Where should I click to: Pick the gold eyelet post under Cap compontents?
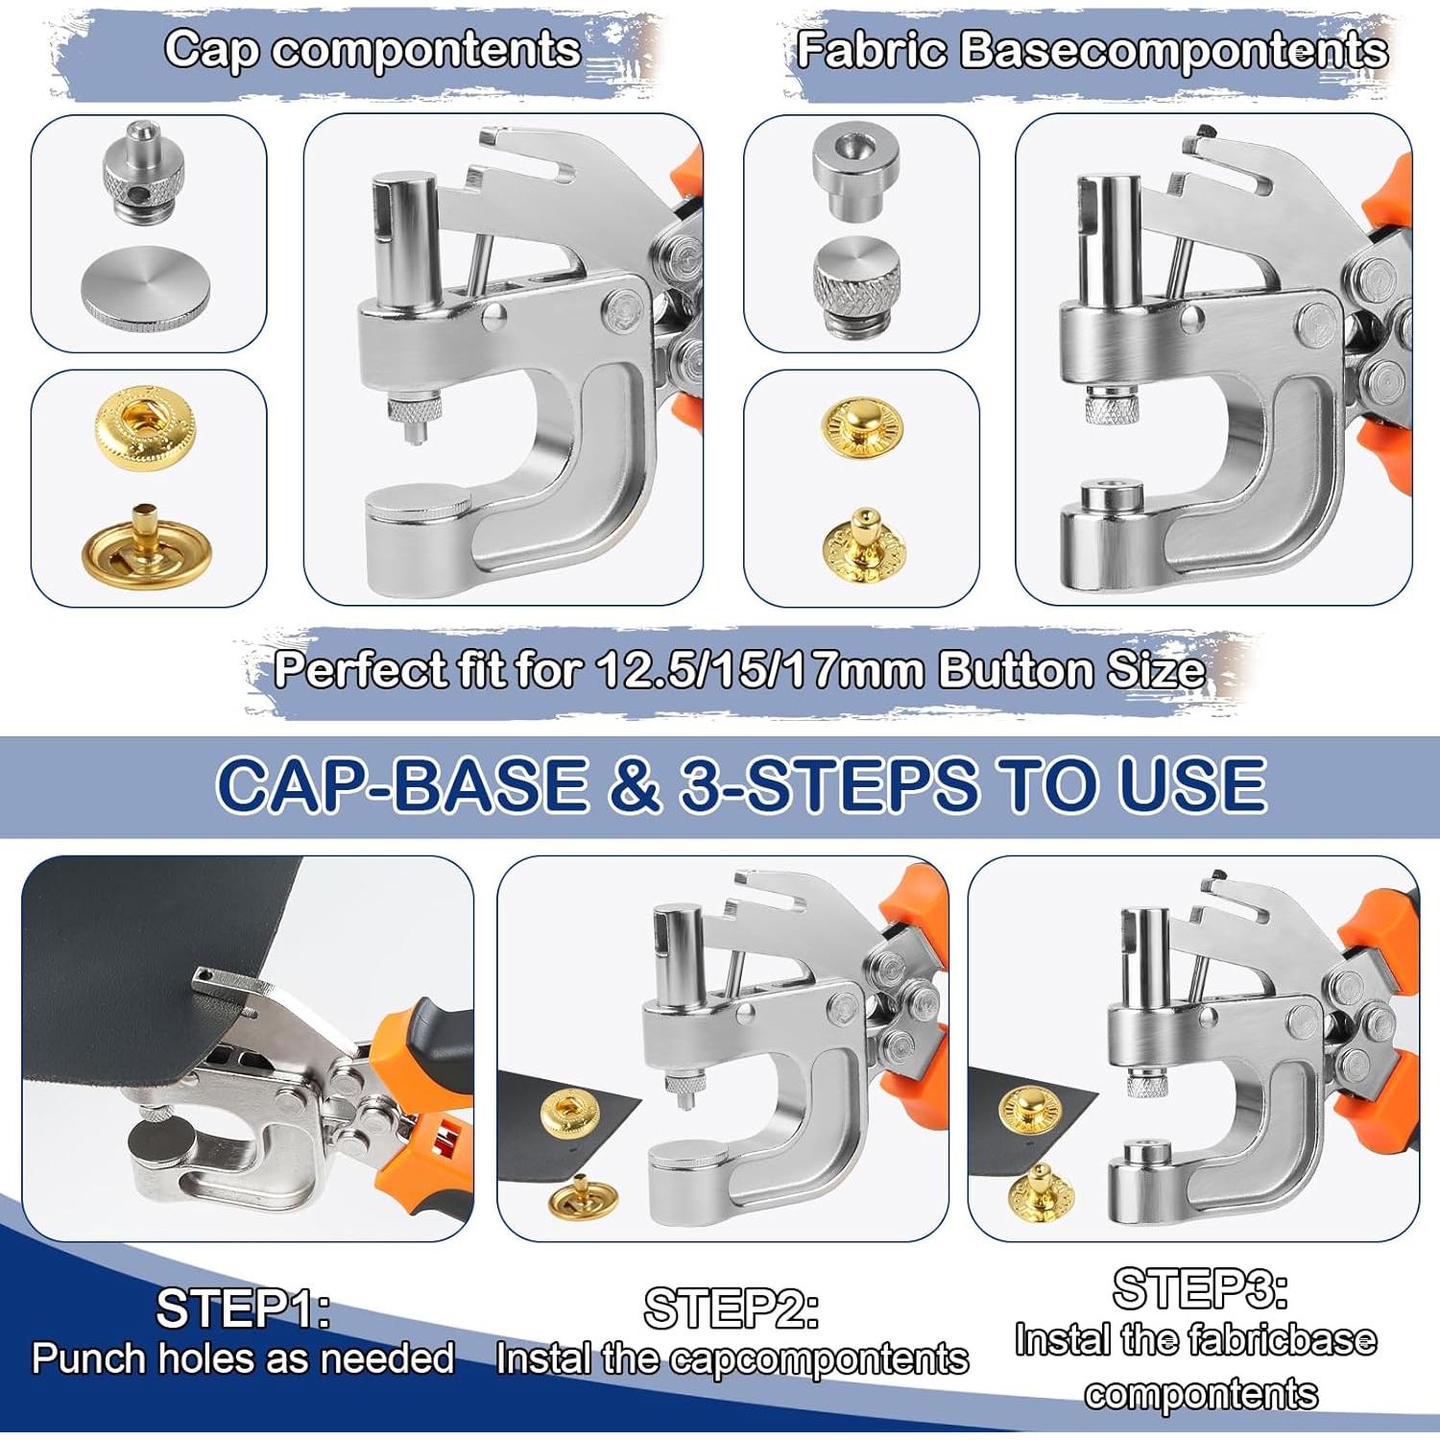coord(145,548)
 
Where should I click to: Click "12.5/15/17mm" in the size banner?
coord(758,669)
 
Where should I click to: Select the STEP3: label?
coord(1200,1288)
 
